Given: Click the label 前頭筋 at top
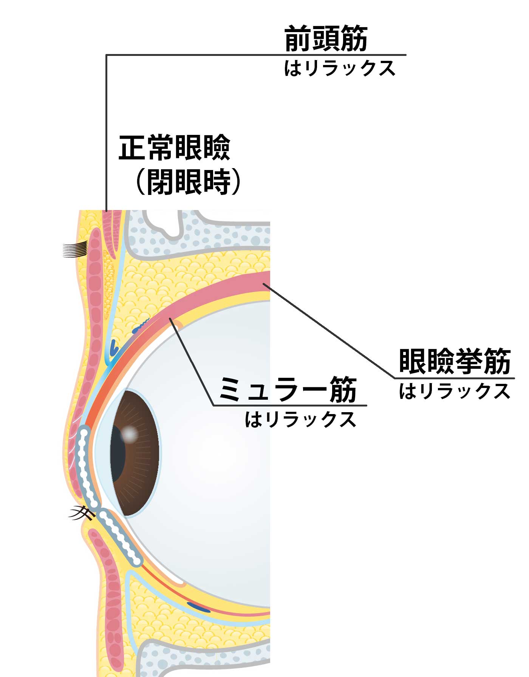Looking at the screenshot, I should [x=326, y=39].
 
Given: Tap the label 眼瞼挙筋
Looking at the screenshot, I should [x=455, y=362].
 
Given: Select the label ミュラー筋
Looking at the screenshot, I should [x=288, y=390].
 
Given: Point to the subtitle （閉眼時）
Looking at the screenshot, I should [x=188, y=182].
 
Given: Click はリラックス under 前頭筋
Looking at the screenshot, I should [x=339, y=68].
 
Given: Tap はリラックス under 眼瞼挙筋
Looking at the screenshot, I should [x=455, y=391].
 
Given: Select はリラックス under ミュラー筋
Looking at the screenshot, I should [x=300, y=419].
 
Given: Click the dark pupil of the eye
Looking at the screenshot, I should [x=118, y=453].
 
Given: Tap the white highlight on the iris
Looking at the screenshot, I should [x=129, y=434].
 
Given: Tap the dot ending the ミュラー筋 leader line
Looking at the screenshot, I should [x=171, y=320].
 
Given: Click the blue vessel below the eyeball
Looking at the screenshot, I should [x=199, y=607].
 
